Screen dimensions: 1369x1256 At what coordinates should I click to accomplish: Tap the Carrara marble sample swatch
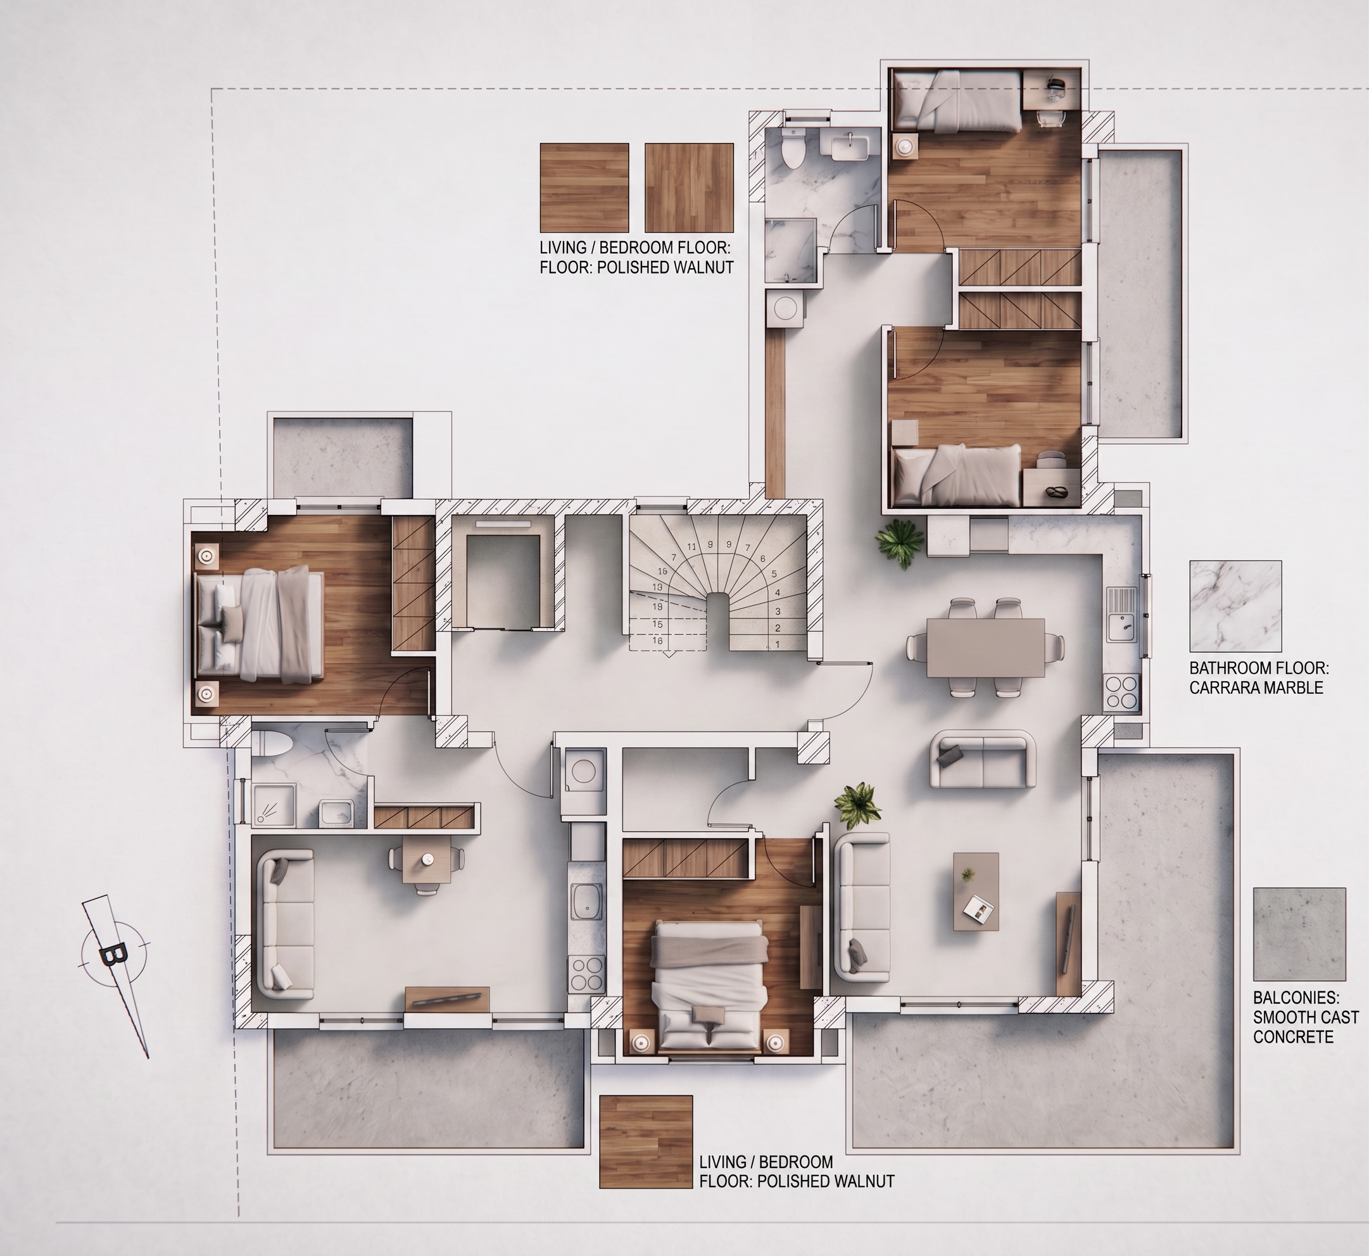(x=1236, y=606)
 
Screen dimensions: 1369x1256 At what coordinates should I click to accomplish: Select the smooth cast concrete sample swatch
(x=1300, y=933)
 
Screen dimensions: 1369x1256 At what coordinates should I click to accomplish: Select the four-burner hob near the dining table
(x=1121, y=692)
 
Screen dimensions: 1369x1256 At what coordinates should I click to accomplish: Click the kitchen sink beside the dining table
(x=1122, y=615)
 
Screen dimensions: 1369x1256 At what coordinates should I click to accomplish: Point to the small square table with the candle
(x=427, y=860)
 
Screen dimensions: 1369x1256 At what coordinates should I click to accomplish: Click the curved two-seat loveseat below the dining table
(x=983, y=759)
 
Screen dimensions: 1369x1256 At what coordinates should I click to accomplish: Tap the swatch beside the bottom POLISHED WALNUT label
(x=646, y=1142)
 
